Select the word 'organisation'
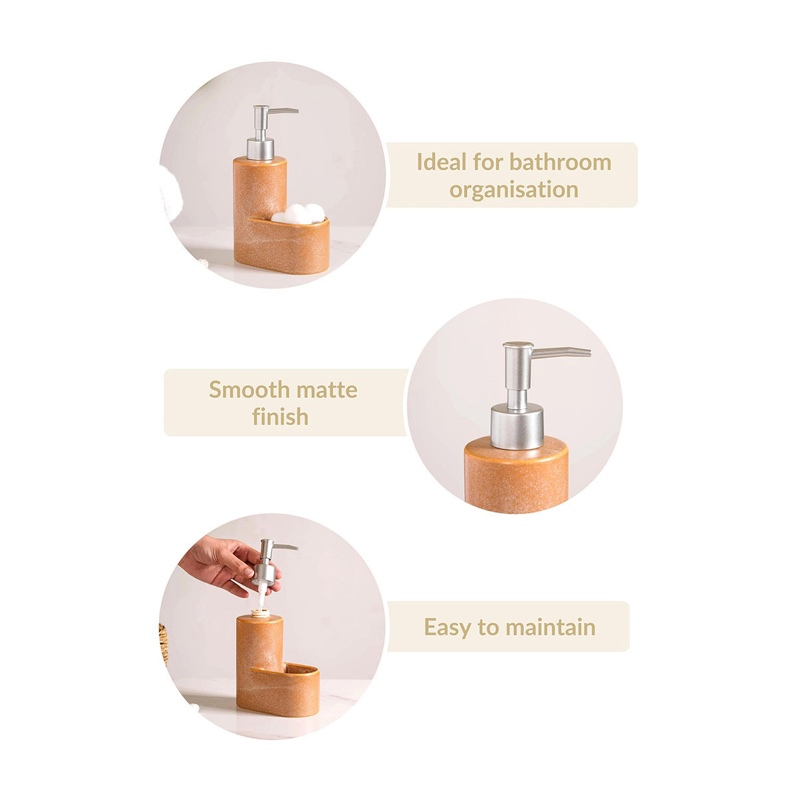click(x=513, y=190)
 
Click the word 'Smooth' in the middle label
click(x=249, y=389)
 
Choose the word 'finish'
click(x=281, y=416)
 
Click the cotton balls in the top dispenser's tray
click(x=298, y=214)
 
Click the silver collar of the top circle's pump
click(x=260, y=149)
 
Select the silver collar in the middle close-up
click(x=517, y=428)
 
